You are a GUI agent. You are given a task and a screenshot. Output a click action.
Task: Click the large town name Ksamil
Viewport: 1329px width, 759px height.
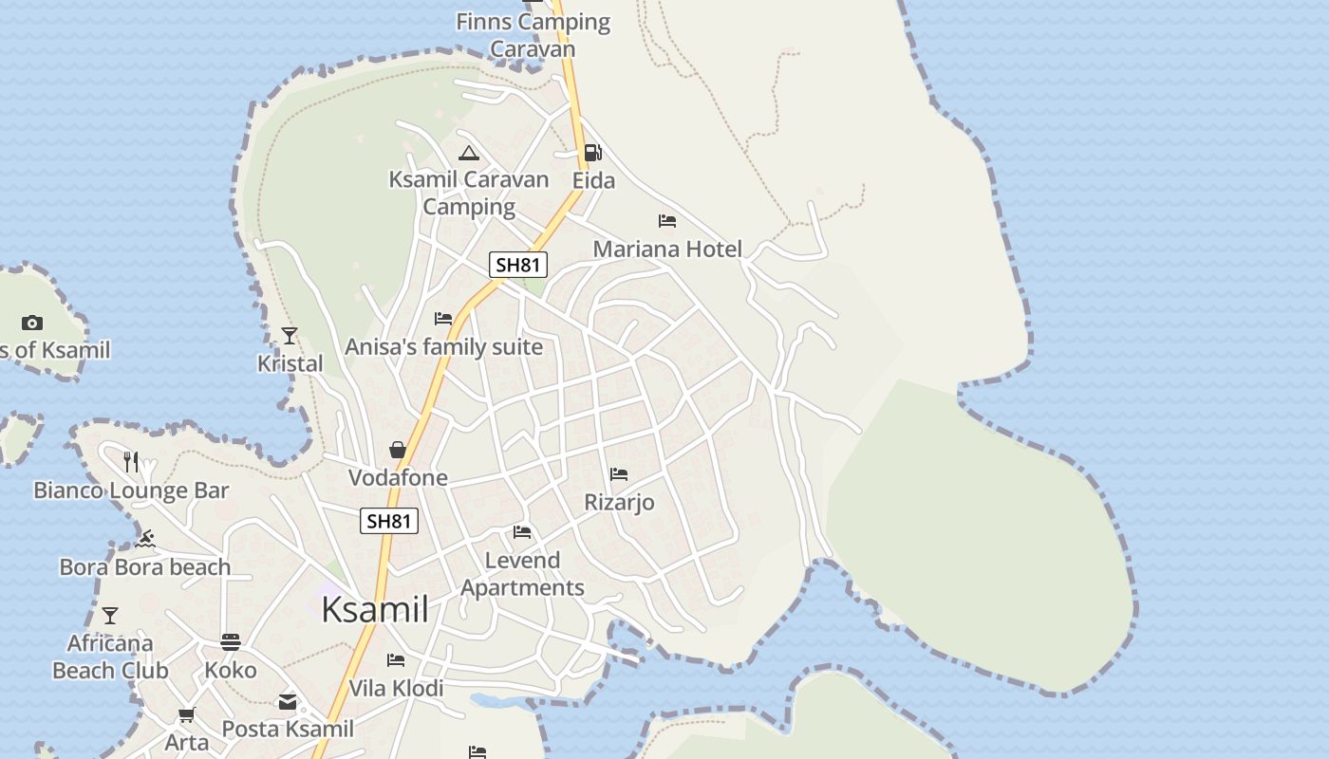point(375,610)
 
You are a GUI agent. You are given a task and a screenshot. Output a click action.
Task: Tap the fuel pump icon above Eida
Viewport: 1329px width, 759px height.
point(592,152)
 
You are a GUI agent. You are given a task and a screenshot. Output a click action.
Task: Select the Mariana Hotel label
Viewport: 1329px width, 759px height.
point(667,250)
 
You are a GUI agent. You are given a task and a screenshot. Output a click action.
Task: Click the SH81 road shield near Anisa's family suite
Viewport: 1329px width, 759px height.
point(518,265)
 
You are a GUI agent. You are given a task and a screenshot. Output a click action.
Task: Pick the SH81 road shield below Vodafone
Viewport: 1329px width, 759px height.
point(389,521)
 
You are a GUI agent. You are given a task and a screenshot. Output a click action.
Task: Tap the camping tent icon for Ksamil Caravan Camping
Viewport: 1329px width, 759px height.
point(469,153)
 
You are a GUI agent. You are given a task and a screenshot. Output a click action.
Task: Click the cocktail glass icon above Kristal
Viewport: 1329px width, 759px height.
point(290,336)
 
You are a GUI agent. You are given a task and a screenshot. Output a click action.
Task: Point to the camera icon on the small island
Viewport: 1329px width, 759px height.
point(32,323)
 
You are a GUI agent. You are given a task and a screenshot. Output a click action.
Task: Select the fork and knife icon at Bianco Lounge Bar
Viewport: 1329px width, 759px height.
point(131,462)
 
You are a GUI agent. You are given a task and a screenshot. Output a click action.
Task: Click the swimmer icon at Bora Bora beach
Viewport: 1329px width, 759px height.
point(145,540)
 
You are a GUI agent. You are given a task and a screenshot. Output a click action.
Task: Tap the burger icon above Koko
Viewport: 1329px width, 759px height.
point(231,642)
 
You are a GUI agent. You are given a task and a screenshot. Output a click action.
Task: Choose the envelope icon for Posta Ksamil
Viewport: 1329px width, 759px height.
point(288,703)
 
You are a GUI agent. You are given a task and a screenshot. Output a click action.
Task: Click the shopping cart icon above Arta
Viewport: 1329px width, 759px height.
point(187,714)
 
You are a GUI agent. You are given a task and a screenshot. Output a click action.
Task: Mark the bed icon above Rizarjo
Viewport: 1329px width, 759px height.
point(619,474)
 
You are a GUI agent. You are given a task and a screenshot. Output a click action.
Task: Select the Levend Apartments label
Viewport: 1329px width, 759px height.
point(522,574)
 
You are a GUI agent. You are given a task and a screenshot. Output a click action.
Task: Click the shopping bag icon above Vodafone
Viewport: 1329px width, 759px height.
point(398,450)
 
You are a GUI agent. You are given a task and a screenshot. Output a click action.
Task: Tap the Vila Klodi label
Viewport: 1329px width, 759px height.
point(396,688)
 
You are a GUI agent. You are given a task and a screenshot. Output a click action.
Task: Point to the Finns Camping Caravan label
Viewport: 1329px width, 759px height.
point(533,35)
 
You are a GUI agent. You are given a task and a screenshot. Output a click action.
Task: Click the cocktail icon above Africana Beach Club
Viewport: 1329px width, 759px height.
point(110,616)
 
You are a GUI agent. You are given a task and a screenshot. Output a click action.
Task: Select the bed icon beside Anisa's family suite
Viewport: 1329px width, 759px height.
point(443,319)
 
